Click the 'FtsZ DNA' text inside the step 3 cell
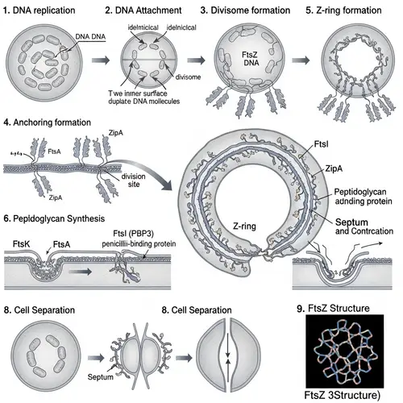(227, 63)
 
